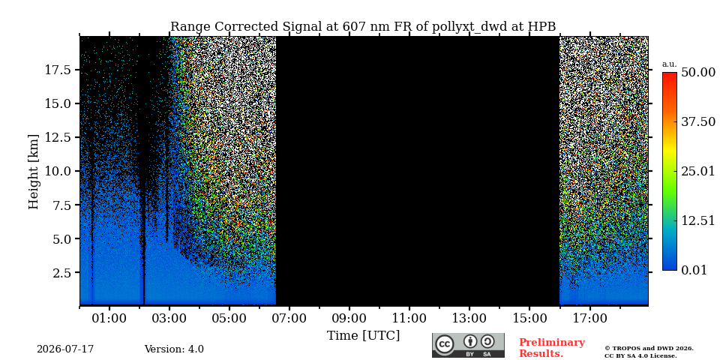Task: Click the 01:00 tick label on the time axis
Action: [109, 318]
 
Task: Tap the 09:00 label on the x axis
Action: [349, 318]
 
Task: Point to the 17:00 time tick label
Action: [589, 318]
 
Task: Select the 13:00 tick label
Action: [469, 318]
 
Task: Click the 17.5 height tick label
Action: [58, 70]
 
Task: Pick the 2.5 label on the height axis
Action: [61, 273]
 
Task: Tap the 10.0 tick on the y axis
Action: [58, 171]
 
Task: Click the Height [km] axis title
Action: [34, 172]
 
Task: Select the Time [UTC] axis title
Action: [363, 336]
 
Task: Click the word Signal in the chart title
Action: [299, 27]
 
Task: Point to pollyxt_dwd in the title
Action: [469, 27]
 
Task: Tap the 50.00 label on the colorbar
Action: [698, 72]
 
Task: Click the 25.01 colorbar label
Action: [698, 172]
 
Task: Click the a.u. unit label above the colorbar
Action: [670, 64]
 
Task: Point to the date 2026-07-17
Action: [65, 349]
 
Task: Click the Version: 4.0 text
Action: [174, 349]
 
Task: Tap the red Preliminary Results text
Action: [552, 348]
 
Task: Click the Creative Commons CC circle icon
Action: [444, 344]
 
